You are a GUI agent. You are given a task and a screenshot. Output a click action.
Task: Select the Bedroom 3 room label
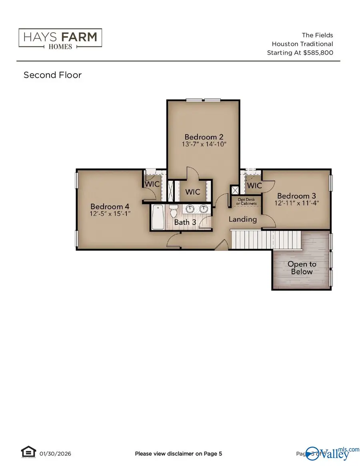(296, 196)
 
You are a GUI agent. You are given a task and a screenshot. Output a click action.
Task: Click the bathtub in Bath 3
(158, 217)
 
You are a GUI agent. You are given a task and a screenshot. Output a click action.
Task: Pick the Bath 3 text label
(185, 222)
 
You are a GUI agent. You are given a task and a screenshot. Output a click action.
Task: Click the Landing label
(242, 219)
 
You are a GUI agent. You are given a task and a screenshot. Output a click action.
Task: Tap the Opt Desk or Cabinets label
(245, 201)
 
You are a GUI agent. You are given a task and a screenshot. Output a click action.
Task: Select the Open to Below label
(302, 268)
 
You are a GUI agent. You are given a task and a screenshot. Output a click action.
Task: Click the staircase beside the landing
(252, 240)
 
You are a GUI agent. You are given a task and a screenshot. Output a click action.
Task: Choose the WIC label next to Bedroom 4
(152, 184)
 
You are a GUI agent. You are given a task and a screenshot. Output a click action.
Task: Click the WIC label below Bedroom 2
(192, 192)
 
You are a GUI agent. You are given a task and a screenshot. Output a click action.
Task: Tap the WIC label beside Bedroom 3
(254, 186)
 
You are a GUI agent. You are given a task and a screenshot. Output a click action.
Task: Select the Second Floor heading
(52, 75)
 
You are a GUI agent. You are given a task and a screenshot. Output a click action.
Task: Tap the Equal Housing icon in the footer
(26, 453)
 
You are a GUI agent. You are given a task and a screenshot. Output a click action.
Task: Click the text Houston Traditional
(302, 44)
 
